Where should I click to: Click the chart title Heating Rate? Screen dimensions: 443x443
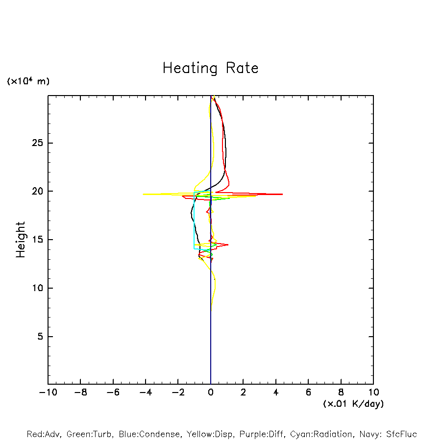[210, 68]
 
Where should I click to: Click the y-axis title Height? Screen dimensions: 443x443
[21, 240]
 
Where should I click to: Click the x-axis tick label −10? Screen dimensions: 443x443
[48, 393]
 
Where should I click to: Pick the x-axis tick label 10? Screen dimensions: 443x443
[373, 393]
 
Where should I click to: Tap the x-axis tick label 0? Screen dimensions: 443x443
[211, 393]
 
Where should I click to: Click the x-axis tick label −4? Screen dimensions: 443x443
[146, 393]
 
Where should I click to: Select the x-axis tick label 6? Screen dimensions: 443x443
[308, 393]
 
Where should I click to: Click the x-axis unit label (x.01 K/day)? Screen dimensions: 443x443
[353, 404]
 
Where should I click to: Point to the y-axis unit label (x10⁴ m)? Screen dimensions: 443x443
[28, 81]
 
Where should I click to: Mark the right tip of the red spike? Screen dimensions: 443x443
[282, 194]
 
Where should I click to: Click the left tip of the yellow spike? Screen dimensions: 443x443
[143, 194]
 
